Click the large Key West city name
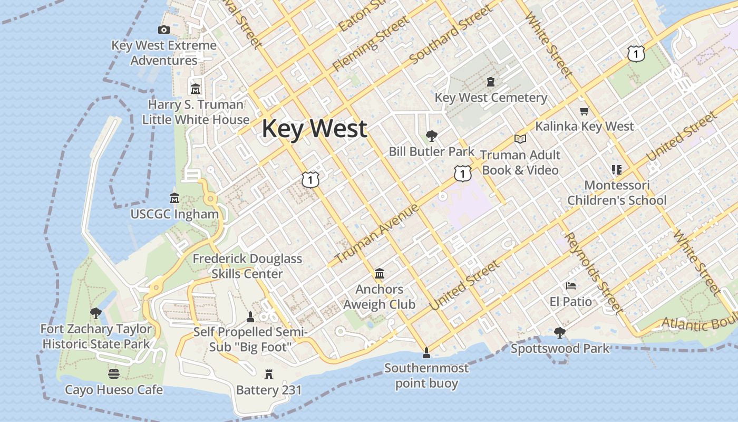click(x=314, y=129)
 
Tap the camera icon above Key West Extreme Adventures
click(x=164, y=30)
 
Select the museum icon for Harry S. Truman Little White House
click(x=196, y=89)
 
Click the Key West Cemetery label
click(x=491, y=98)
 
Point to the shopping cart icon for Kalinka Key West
click(x=584, y=111)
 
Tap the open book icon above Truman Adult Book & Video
click(x=520, y=139)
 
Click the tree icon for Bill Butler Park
click(x=432, y=136)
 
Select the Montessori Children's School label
click(x=617, y=193)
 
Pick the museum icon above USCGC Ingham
click(x=174, y=198)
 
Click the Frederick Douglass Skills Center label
click(x=247, y=266)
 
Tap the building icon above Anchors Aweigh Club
click(x=380, y=273)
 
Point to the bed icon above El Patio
click(x=571, y=286)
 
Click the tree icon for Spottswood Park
click(x=560, y=333)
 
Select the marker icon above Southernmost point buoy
click(x=426, y=352)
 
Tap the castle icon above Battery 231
click(x=269, y=375)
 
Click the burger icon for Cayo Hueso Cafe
click(x=114, y=374)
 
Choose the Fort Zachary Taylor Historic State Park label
click(x=96, y=337)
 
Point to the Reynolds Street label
click(x=594, y=273)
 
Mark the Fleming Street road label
click(x=370, y=44)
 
